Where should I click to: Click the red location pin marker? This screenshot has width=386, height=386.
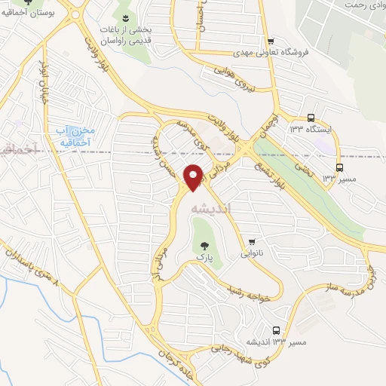pos(194,176)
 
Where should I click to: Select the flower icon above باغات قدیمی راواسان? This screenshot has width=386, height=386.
pos(125,17)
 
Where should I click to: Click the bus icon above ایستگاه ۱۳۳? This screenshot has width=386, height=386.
pos(311,118)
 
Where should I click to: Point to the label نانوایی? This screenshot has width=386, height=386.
pos(253,254)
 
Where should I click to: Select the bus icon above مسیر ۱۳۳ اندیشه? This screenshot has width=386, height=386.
pos(277,330)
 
